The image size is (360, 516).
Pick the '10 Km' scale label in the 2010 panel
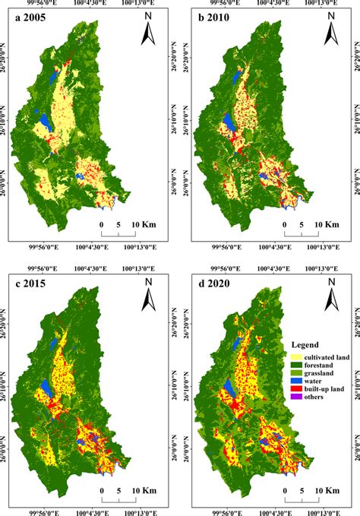pyautogui.click(x=327, y=225)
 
